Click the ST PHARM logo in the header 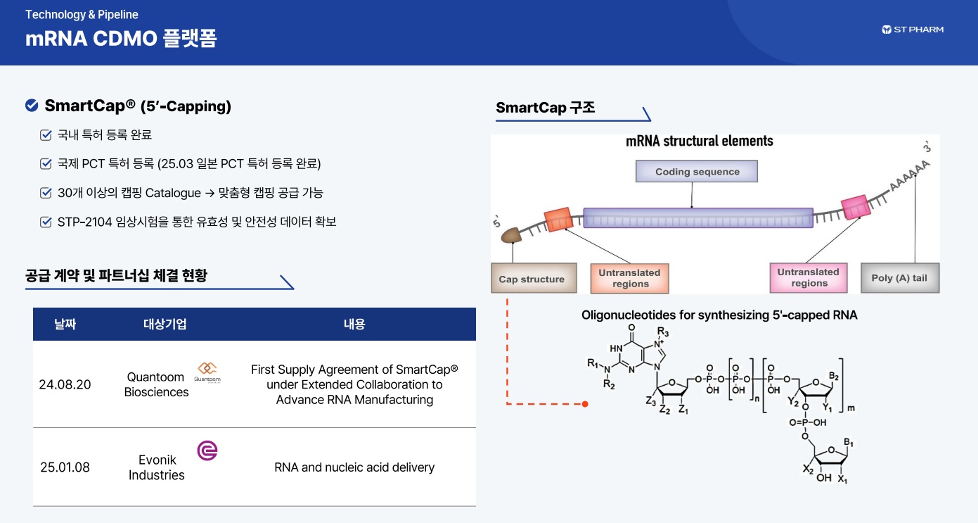pyautogui.click(x=913, y=30)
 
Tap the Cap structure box pyautogui.click(x=532, y=279)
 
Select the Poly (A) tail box pyautogui.click(x=899, y=278)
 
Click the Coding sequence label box pyautogui.click(x=697, y=172)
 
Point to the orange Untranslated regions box pyautogui.click(x=629, y=278)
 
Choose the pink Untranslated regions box pyautogui.click(x=808, y=277)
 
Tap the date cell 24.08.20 pyautogui.click(x=65, y=384)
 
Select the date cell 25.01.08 pyautogui.click(x=65, y=467)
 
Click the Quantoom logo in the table pyautogui.click(x=207, y=372)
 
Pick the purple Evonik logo pyautogui.click(x=207, y=450)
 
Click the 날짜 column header pyautogui.click(x=65, y=324)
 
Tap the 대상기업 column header pyautogui.click(x=165, y=324)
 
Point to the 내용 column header pyautogui.click(x=354, y=324)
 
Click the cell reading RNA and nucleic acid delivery pyautogui.click(x=354, y=467)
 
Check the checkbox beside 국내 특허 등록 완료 pyautogui.click(x=46, y=135)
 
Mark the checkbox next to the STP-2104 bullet pyautogui.click(x=46, y=222)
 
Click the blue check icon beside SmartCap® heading pyautogui.click(x=32, y=106)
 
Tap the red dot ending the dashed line pyautogui.click(x=584, y=404)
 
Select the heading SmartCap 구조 pyautogui.click(x=545, y=108)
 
